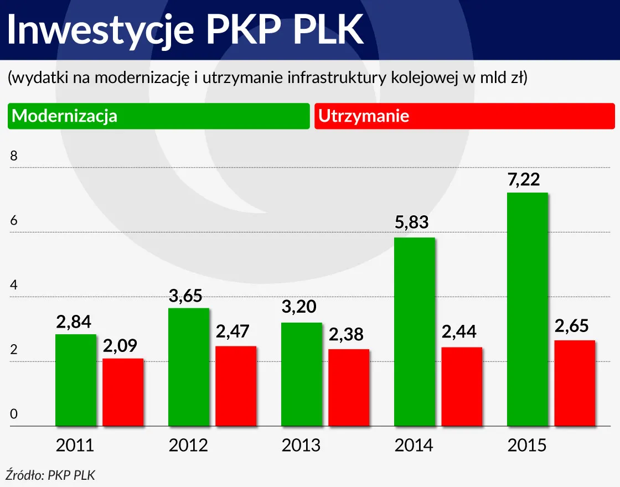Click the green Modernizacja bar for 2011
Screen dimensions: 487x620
click(76, 380)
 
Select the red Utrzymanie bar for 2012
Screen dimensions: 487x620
click(236, 386)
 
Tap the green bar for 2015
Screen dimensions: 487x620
click(527, 309)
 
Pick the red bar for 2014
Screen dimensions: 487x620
click(462, 387)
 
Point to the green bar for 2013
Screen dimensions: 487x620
click(301, 374)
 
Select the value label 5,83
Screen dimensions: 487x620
click(411, 224)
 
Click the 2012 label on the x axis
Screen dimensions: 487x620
click(188, 445)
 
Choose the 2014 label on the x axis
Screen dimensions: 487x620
click(414, 445)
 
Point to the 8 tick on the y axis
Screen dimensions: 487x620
click(14, 157)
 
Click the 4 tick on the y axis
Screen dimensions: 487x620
click(14, 286)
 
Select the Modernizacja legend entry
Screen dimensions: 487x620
click(65, 116)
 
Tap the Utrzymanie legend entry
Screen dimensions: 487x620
click(364, 116)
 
